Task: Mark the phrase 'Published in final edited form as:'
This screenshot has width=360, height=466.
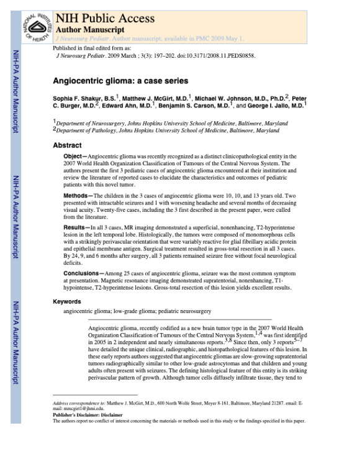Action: click(92, 47)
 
